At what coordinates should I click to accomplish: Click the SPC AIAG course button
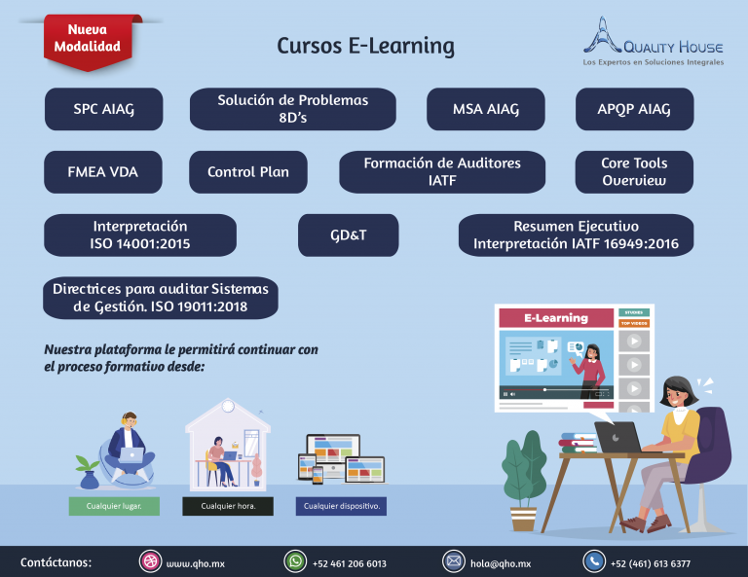104,109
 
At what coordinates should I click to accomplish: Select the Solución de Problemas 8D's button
292,109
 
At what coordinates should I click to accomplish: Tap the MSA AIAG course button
486,109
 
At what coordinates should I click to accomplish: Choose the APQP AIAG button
634,109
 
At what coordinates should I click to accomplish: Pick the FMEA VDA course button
103,172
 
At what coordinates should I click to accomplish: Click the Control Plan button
248,172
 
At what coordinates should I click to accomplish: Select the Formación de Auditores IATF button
442,172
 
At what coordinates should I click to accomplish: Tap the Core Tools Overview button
634,172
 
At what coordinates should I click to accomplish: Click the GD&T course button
348,235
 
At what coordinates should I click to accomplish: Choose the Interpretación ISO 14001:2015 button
140,235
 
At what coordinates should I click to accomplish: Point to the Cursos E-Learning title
365,46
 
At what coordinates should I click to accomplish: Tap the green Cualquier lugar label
114,507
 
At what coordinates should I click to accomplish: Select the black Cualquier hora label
228,507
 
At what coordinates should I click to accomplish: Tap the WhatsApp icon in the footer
294,561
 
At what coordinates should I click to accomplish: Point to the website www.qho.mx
196,563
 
